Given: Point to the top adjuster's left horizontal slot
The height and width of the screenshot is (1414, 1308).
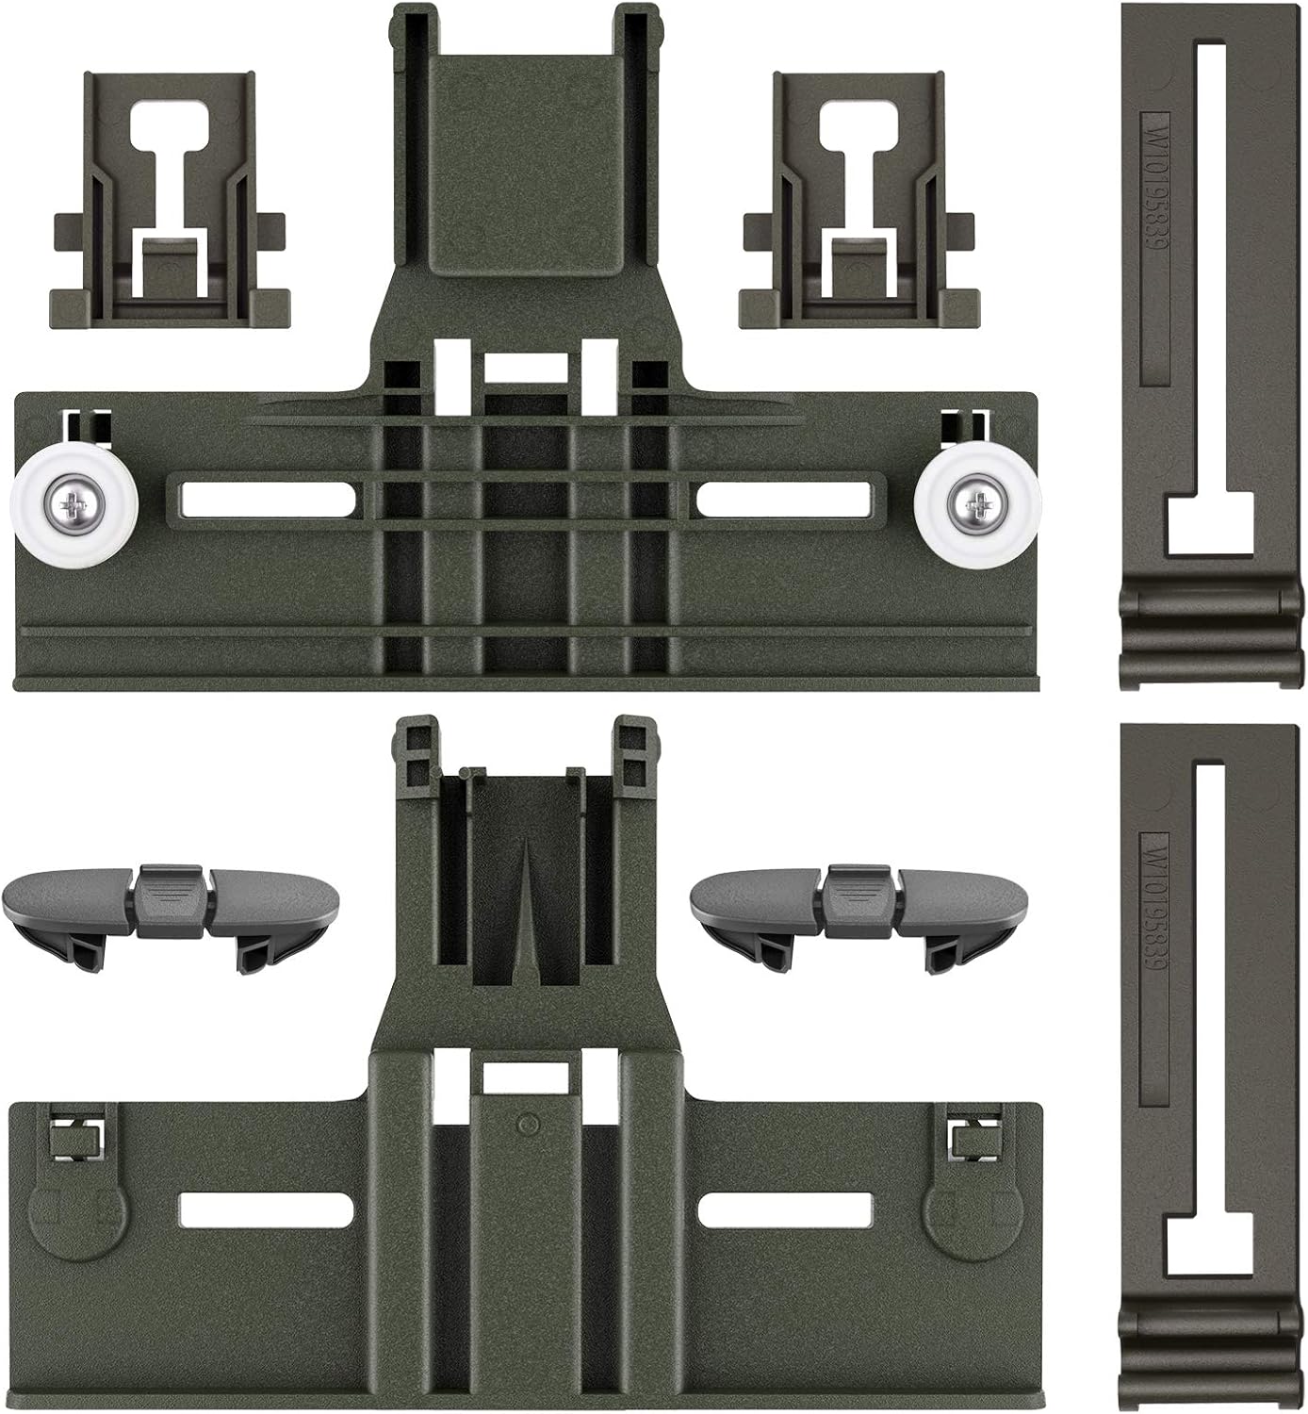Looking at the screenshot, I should pos(260,500).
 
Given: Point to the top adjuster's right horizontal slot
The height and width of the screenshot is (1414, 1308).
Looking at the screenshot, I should pos(782,500).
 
